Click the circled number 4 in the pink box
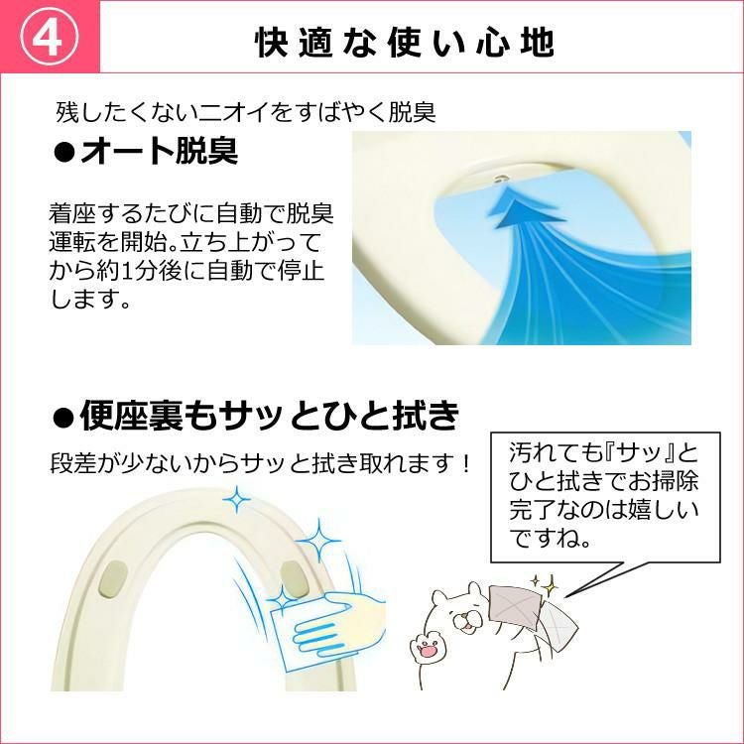[x=50, y=37]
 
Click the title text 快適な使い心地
[x=405, y=43]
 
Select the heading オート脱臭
[x=159, y=151]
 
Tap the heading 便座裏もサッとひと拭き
[x=270, y=416]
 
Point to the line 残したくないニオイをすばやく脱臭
[x=245, y=112]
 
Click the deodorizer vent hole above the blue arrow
[x=502, y=179]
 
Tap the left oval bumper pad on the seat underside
[x=112, y=578]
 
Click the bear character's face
[x=461, y=612]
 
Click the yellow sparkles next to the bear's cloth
[x=545, y=585]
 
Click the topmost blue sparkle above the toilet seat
[x=236, y=499]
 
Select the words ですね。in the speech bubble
[x=551, y=539]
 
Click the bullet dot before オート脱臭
[x=64, y=153]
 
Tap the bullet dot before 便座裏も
[x=63, y=418]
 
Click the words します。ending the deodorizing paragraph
[x=90, y=299]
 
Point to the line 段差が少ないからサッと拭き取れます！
[x=261, y=463]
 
